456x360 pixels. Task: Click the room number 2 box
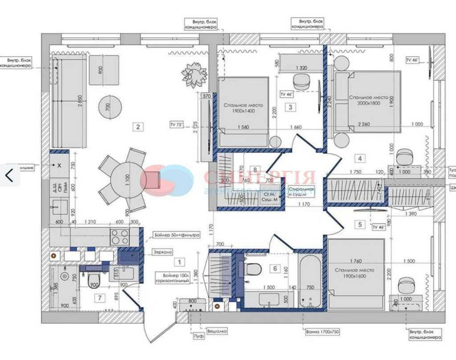[138, 126]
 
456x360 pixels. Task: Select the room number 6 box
[275, 268]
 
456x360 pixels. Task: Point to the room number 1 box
[180, 262]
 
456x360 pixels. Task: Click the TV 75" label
[176, 124]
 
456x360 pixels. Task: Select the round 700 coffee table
[110, 108]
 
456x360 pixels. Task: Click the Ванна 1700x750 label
[322, 332]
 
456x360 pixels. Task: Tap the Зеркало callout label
[163, 252]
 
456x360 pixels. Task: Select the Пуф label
[197, 335]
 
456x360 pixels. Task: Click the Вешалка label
[217, 332]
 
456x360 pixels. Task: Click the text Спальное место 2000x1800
[368, 100]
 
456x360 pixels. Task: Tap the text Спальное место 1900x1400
[243, 108]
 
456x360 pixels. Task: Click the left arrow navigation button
[9, 175]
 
